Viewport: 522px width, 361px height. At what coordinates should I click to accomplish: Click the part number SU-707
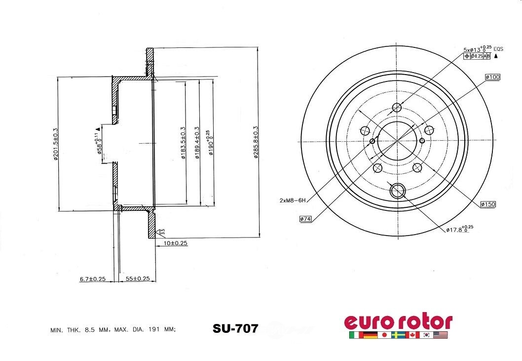click(x=235, y=329)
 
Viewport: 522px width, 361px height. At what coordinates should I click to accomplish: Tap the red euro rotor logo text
click(x=398, y=321)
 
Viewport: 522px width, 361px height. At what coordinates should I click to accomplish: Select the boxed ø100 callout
click(x=492, y=77)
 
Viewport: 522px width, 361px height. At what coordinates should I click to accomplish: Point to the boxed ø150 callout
click(x=487, y=204)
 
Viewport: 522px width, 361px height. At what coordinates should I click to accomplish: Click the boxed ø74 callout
click(x=305, y=219)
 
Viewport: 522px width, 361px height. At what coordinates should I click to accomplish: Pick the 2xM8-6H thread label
click(x=293, y=200)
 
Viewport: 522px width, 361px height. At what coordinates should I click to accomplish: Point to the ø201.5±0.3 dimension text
click(x=55, y=144)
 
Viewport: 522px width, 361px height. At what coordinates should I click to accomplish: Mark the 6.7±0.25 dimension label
click(x=93, y=279)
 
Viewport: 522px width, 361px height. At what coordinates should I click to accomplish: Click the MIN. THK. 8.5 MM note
click(x=81, y=329)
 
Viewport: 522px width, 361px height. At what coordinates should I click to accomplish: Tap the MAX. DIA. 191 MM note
click(x=146, y=329)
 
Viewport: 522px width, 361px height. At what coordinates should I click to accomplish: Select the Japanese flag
click(x=384, y=335)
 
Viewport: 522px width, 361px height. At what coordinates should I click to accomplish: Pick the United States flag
click(x=441, y=335)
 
